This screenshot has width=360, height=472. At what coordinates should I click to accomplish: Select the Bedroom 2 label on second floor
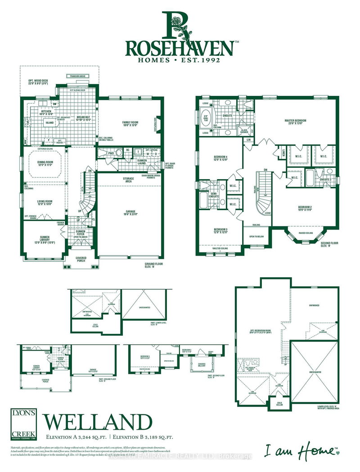coord(305,208)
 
